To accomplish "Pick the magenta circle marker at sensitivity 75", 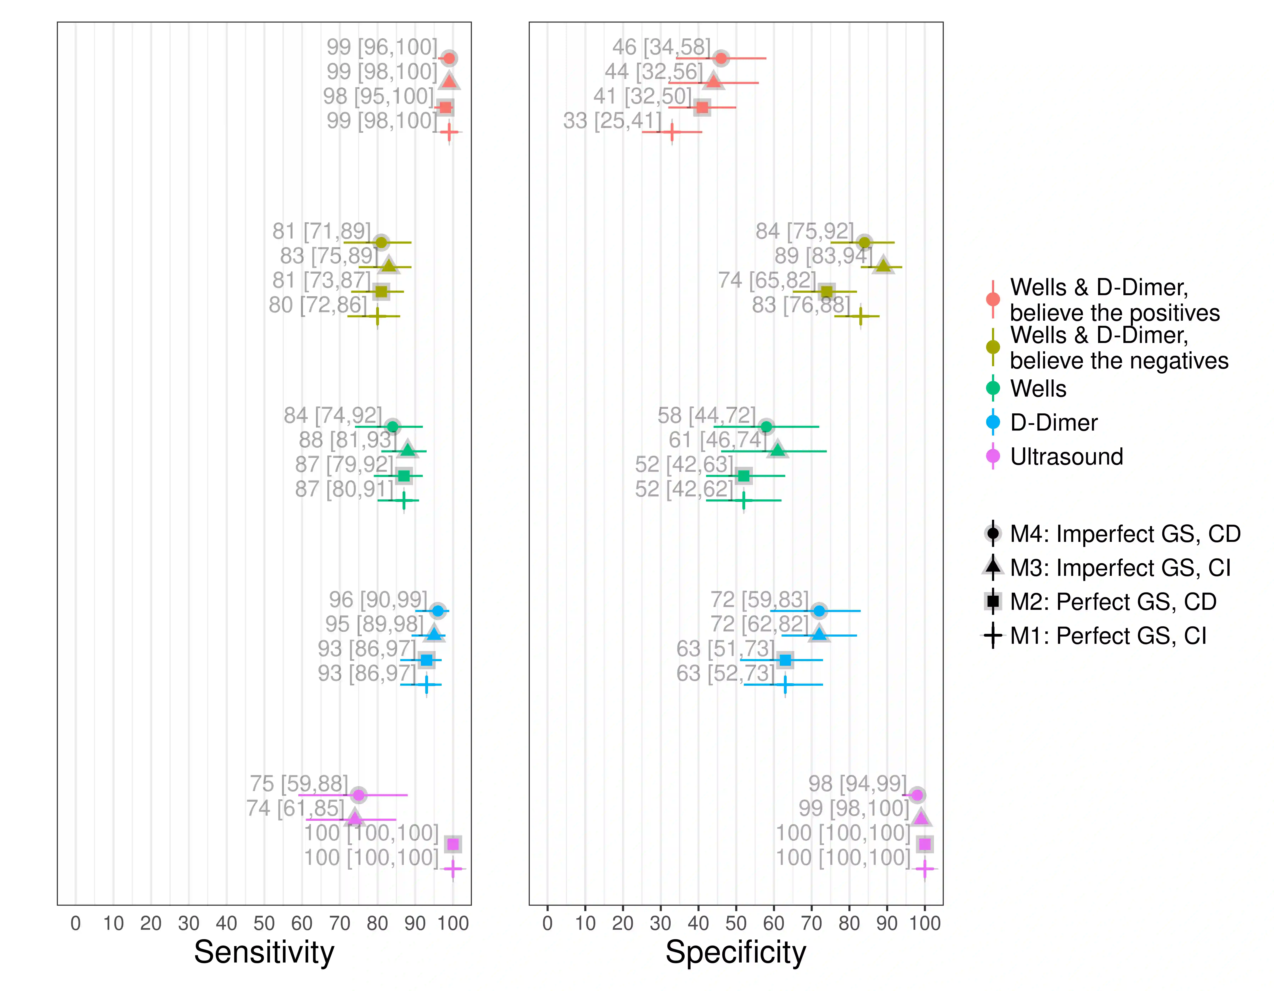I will point(359,795).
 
